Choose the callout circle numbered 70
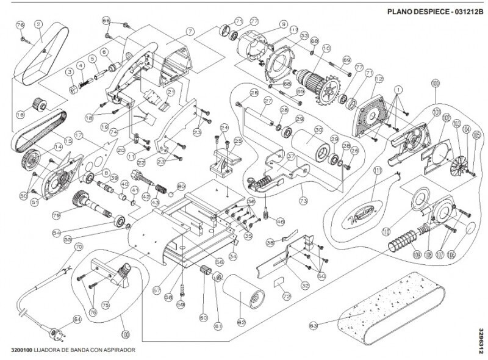pos(77,248)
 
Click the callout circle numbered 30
pos(318,130)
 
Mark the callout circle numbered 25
pos(237,141)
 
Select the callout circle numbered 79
pos(56,215)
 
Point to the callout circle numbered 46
pos(280,221)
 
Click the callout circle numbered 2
pos(38,24)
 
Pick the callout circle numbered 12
pos(379,79)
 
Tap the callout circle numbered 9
pos(283,24)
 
